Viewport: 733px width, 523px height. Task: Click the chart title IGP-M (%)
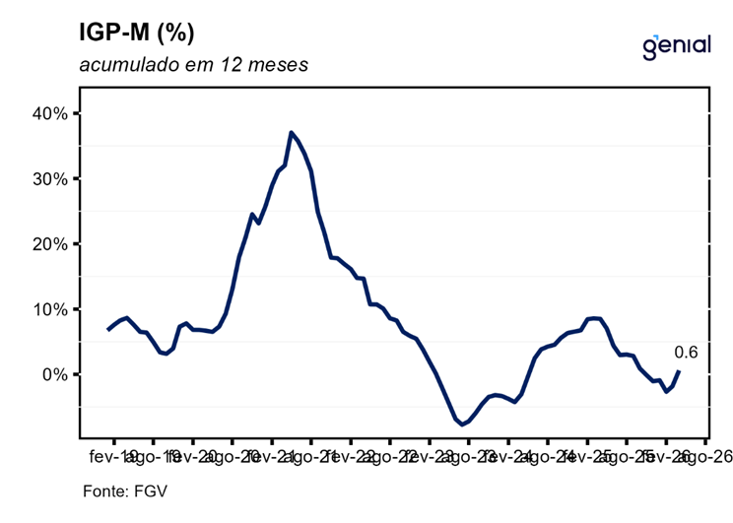coord(137,33)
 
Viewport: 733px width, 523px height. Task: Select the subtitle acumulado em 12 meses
coord(194,66)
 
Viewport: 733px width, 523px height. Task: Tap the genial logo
coord(676,45)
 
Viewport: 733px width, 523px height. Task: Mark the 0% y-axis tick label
coord(52,374)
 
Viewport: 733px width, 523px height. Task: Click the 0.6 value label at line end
coord(686,352)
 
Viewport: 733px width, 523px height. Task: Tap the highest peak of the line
coord(291,132)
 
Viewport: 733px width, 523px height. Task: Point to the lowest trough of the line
coord(461,425)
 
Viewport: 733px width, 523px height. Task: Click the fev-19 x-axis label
coord(113,456)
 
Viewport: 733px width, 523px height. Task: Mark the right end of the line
coord(679,371)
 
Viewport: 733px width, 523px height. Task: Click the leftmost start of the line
coord(107,329)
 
